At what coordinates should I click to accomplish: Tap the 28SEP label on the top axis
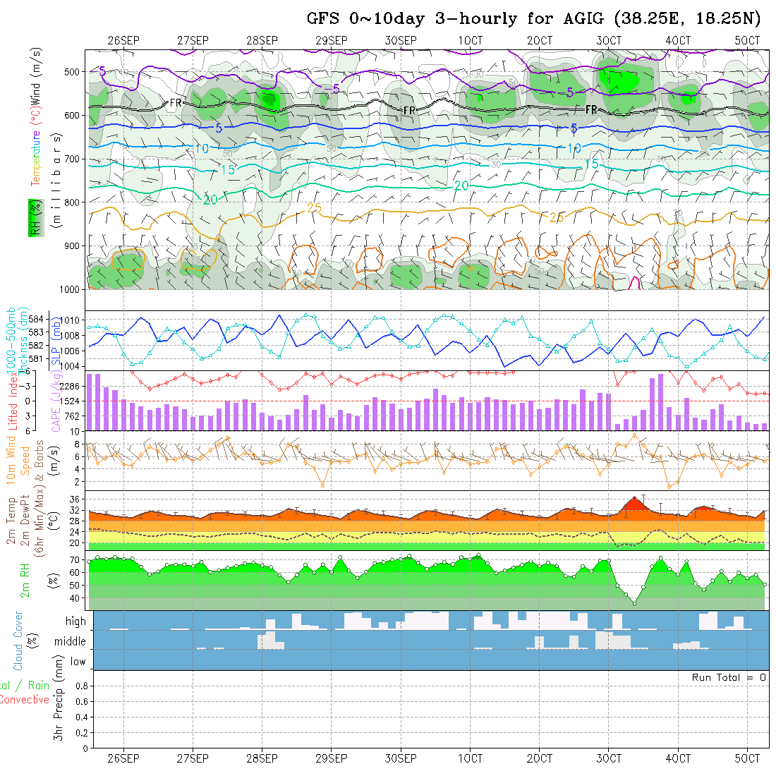[262, 41]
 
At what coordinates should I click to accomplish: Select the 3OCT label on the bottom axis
[609, 759]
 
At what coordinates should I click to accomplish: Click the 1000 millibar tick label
[71, 289]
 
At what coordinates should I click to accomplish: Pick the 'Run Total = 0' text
[729, 677]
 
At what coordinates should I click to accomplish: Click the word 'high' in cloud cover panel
[75, 622]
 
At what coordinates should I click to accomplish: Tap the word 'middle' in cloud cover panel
[70, 642]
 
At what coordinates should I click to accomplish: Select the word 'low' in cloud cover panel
[78, 662]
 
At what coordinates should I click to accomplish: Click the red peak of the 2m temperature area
[634, 499]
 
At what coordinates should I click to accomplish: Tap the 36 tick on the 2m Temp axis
[78, 499]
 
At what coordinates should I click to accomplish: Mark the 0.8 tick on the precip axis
[79, 686]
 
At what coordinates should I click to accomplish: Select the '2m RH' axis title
[25, 579]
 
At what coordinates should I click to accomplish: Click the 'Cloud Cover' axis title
[18, 641]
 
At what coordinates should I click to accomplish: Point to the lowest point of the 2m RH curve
[634, 604]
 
